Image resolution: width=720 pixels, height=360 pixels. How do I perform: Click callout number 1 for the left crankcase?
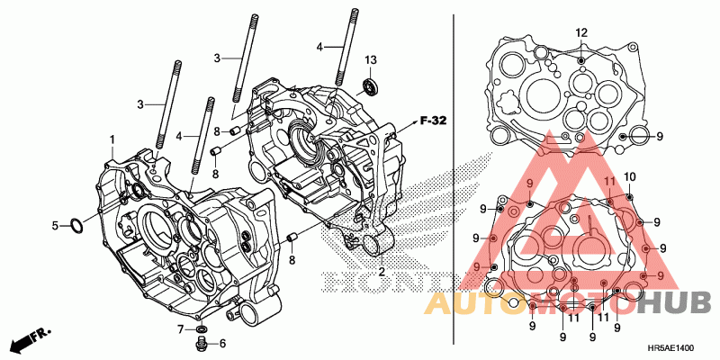(112, 139)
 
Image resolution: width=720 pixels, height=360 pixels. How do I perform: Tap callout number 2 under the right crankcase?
(381, 271)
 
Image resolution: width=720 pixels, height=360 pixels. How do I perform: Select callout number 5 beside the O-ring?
(54, 225)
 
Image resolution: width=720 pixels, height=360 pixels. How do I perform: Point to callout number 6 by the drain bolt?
(222, 343)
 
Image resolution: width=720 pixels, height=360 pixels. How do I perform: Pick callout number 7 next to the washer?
(180, 328)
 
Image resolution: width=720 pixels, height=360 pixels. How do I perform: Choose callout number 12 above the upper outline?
(581, 32)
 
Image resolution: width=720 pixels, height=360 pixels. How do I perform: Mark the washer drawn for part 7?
(202, 328)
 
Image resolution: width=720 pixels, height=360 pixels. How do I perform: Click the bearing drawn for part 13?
(369, 87)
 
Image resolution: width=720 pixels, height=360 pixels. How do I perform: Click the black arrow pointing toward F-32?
(407, 121)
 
